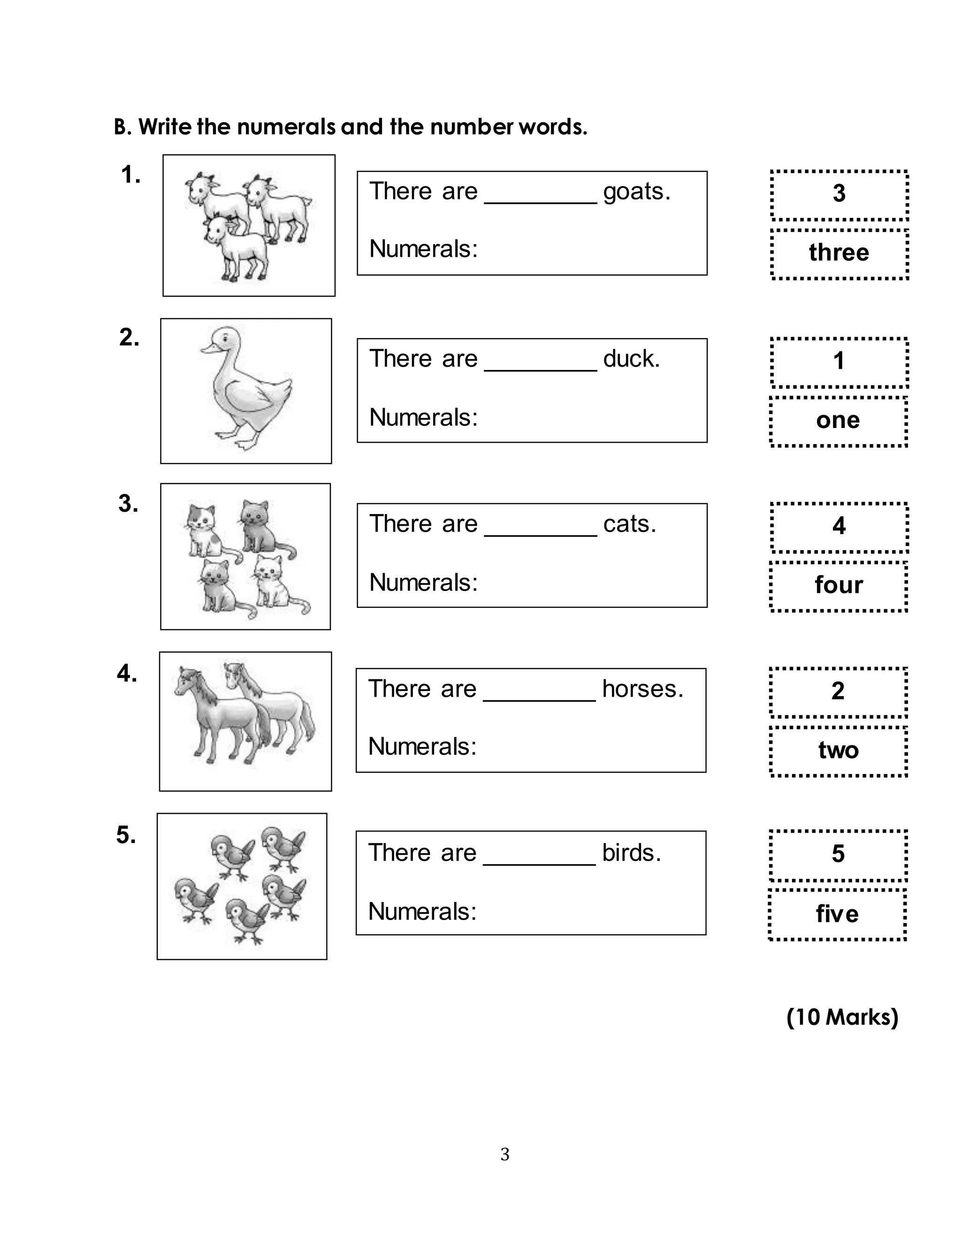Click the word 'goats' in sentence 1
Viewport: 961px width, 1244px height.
(x=636, y=192)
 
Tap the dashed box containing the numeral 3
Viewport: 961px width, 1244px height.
(x=839, y=195)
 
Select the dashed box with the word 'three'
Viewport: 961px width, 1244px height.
(x=839, y=254)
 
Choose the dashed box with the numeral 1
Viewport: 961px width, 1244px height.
(x=839, y=362)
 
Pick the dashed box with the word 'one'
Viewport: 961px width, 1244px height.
(x=838, y=421)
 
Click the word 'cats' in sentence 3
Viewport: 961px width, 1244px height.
(x=629, y=524)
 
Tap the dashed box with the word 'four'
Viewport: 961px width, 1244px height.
(x=838, y=586)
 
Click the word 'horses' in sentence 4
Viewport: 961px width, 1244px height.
(x=642, y=689)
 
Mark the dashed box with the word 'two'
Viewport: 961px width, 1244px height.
(x=838, y=751)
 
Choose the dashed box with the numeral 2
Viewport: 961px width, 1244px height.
(x=838, y=692)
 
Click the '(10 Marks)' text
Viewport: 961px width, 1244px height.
(x=842, y=1017)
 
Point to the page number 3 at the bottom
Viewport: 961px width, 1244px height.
(x=504, y=1155)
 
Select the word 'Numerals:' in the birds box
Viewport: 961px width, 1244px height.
(x=422, y=912)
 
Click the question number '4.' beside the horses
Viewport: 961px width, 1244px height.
(x=127, y=673)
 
